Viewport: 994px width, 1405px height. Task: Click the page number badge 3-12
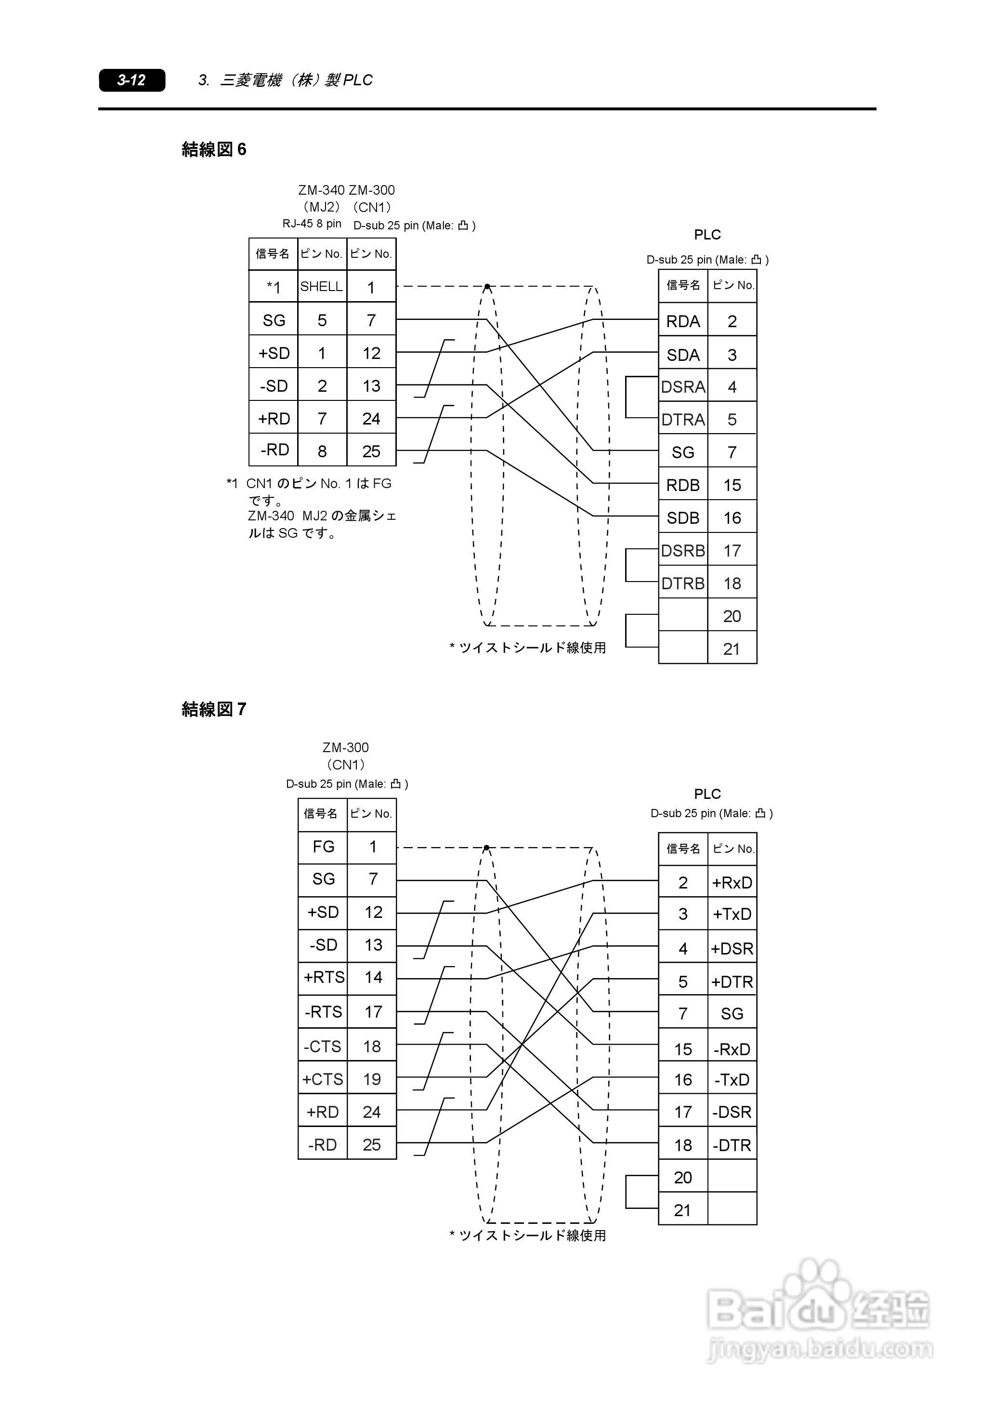click(x=131, y=80)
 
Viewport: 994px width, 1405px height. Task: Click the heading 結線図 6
click(x=214, y=149)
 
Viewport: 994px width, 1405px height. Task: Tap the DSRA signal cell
click(x=683, y=387)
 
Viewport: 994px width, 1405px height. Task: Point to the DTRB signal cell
click(x=683, y=583)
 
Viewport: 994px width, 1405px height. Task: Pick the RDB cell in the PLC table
click(x=683, y=485)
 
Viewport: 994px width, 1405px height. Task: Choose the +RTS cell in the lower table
click(x=323, y=977)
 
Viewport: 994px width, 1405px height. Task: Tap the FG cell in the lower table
click(x=323, y=847)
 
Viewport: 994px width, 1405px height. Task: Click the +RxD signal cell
click(x=732, y=882)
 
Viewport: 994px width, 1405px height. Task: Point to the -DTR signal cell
click(x=732, y=1145)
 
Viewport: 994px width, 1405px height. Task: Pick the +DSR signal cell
click(x=732, y=948)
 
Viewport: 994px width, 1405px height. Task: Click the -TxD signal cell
click(x=732, y=1079)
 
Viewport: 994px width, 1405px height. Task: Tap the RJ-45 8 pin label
click(x=312, y=224)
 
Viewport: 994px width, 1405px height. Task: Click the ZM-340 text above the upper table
click(x=321, y=190)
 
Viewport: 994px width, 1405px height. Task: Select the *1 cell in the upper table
click(x=274, y=287)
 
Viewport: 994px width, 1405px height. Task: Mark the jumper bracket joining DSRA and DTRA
click(x=641, y=398)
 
